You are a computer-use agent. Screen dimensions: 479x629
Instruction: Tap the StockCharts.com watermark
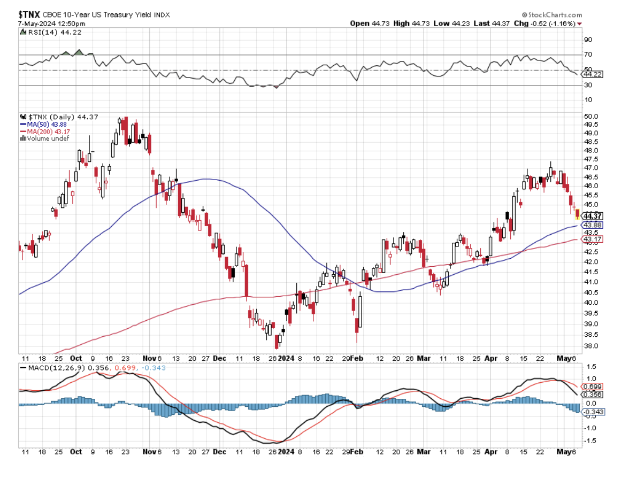tap(552, 15)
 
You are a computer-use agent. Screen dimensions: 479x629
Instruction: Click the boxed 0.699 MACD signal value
tap(594, 386)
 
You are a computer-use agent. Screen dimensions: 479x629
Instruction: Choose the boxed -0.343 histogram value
tap(594, 412)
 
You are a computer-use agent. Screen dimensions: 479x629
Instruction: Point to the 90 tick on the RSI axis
tap(589, 40)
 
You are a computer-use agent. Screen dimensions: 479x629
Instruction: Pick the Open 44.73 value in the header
tap(369, 24)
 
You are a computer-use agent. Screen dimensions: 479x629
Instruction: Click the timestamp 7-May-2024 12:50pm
tap(44, 24)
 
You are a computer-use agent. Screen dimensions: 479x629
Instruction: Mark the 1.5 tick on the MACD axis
tap(590, 367)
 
